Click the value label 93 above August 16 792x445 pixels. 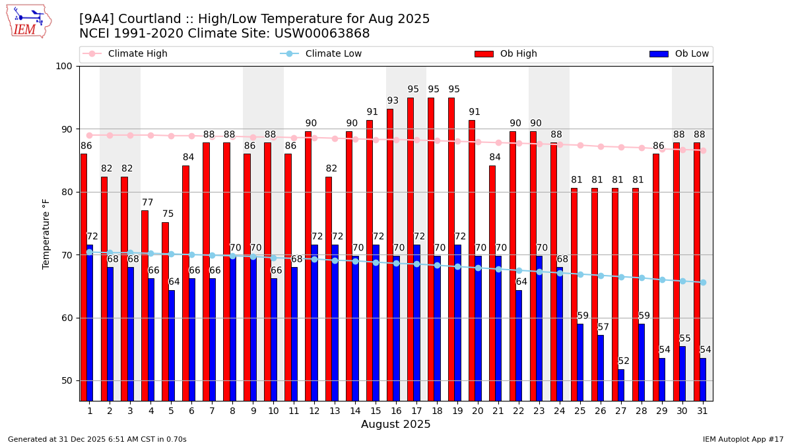click(x=393, y=101)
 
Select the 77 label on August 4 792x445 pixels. click(x=148, y=203)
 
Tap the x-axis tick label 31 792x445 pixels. click(x=703, y=410)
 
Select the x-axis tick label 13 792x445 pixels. click(x=335, y=410)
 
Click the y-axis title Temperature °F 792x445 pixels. click(x=46, y=233)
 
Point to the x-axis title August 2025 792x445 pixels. click(x=395, y=425)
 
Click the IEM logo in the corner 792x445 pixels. click(x=29, y=21)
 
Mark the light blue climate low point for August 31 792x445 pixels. click(x=703, y=282)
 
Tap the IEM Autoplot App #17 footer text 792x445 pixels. click(x=742, y=439)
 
